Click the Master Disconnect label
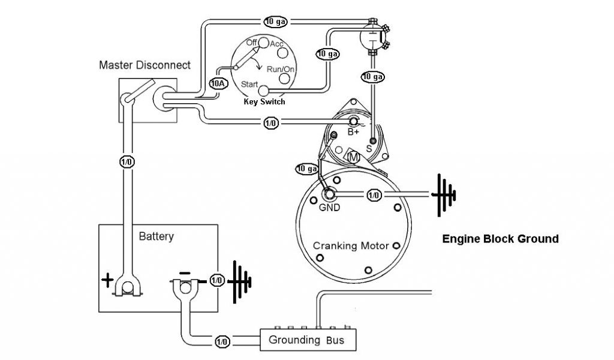(x=145, y=65)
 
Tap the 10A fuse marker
(x=218, y=83)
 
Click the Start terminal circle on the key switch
(x=264, y=91)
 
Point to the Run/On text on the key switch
(x=281, y=70)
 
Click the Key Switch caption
(x=264, y=102)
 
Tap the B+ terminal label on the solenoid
(x=353, y=132)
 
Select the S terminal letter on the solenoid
(x=369, y=149)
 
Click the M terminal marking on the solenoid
(x=354, y=157)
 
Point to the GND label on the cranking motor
(x=329, y=208)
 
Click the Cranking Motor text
(x=351, y=246)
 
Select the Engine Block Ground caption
(x=501, y=239)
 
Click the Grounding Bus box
(x=308, y=340)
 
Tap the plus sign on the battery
(x=107, y=280)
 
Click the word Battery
(x=156, y=236)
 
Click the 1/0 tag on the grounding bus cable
(x=222, y=342)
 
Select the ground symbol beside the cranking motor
(x=444, y=194)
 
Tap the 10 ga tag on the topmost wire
(x=276, y=22)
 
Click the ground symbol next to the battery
(x=239, y=281)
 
